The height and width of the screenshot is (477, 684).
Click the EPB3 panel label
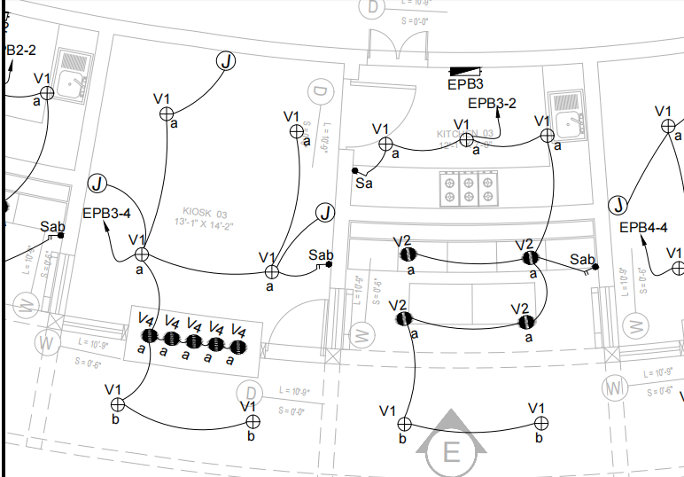tap(465, 85)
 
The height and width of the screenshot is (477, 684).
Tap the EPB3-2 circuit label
tap(492, 104)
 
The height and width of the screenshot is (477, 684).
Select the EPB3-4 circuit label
tap(106, 213)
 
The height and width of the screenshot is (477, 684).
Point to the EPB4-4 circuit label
tap(642, 228)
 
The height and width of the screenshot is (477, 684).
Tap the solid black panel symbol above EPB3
tap(466, 71)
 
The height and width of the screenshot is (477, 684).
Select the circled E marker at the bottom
tap(452, 452)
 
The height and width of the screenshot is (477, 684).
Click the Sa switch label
tap(364, 184)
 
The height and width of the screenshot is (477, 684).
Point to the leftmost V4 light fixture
tap(150, 336)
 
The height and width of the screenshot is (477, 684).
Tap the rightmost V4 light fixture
tap(237, 345)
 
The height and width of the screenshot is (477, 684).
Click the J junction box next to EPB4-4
tap(618, 206)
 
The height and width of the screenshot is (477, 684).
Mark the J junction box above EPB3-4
tap(97, 184)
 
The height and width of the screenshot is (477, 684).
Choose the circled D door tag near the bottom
tap(253, 393)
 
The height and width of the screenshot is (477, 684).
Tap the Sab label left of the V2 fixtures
tap(321, 255)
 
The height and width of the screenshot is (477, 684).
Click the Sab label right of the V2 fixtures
tap(582, 259)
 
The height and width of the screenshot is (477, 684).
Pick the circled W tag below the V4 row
tap(46, 341)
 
